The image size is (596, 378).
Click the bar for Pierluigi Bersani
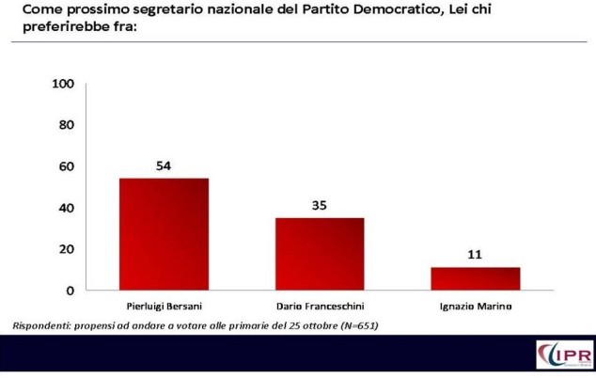tap(164, 234)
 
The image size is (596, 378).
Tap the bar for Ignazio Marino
tap(476, 278)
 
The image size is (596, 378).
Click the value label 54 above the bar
tap(164, 165)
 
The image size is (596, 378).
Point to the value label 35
tap(320, 205)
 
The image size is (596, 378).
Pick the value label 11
tap(476, 255)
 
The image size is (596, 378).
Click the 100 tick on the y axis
tap(64, 84)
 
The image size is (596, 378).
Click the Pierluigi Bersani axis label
tap(164, 307)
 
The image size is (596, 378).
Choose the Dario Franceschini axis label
tap(320, 307)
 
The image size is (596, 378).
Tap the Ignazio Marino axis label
tap(476, 307)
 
